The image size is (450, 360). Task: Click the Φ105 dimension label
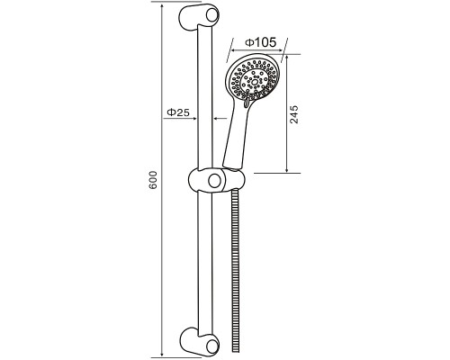(x=260, y=42)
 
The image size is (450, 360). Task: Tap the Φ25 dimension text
(x=178, y=112)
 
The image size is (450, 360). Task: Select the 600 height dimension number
(x=153, y=180)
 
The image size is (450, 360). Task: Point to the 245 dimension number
(x=294, y=114)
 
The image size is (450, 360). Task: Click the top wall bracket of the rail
(x=199, y=17)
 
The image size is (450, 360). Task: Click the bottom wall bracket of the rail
(x=199, y=342)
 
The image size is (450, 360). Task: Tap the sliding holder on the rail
(x=217, y=180)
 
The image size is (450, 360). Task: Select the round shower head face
(x=255, y=79)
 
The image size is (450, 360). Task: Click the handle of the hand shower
(x=237, y=135)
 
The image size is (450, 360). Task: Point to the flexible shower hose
(x=236, y=270)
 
